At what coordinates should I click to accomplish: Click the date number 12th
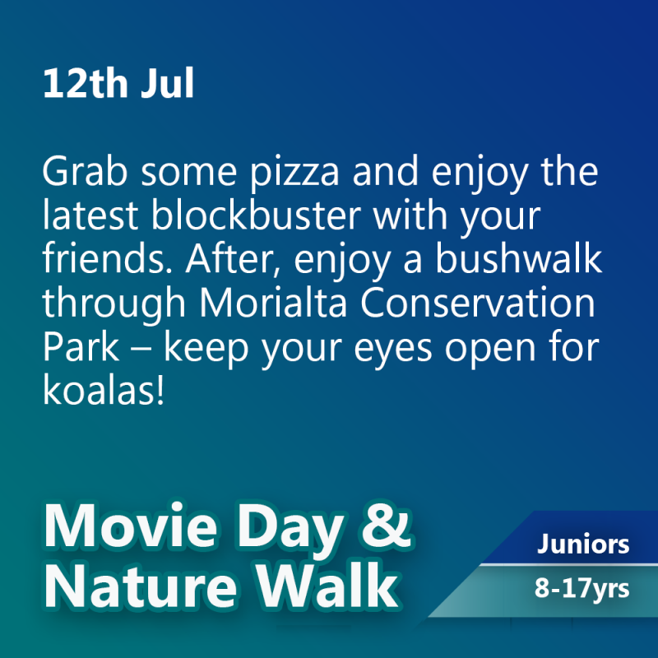pos(86,83)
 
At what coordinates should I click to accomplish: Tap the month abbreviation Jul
pos(168,83)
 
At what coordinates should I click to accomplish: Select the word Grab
pos(85,171)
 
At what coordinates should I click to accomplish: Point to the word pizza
pos(294,174)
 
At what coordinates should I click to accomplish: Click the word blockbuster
pos(256,215)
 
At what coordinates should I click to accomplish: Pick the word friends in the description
pos(107,258)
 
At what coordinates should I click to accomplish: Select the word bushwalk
pos(519,258)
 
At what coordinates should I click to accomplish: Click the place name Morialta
pos(273,303)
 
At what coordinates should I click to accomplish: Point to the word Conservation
pos(478,303)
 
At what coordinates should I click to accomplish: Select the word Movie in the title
pos(131,526)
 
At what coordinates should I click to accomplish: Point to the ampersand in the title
pos(385,525)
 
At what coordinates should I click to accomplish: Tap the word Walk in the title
pos(327,585)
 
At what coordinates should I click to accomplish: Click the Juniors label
pos(583,544)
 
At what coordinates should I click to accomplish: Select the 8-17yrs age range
pos(582,589)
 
